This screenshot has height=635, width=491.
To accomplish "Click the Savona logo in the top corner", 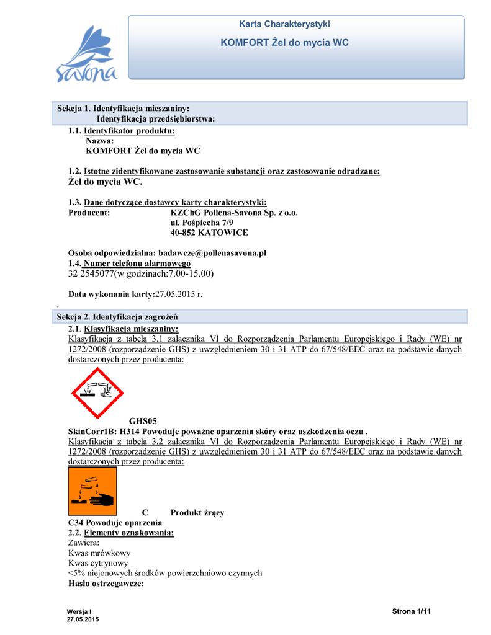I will (x=87, y=55).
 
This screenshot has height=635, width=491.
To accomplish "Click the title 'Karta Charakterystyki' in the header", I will (x=284, y=24).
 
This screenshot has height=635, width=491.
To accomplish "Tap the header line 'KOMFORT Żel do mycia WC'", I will (x=284, y=43).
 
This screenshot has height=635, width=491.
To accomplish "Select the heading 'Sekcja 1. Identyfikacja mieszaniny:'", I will (x=123, y=109).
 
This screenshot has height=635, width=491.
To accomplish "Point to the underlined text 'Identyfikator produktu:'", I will (x=129, y=131).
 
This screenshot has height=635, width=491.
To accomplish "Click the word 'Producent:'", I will (x=89, y=213).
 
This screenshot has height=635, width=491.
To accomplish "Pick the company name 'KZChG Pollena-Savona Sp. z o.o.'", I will (x=234, y=213).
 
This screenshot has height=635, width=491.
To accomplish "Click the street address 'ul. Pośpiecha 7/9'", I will (x=202, y=223).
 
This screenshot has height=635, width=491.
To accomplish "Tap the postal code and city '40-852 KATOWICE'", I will (x=209, y=233).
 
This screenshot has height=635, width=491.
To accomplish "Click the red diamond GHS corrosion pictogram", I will (x=97, y=393).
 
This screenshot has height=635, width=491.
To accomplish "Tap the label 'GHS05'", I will (x=143, y=421).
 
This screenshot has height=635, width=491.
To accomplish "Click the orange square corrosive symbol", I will (x=92, y=492).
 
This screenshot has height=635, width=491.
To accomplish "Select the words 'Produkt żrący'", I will (x=197, y=513).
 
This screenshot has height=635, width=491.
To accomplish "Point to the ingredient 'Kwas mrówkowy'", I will (x=99, y=553).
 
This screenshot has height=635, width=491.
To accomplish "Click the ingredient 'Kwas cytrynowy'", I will (x=98, y=563).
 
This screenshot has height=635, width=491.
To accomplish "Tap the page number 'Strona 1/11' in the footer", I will (x=412, y=612).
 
